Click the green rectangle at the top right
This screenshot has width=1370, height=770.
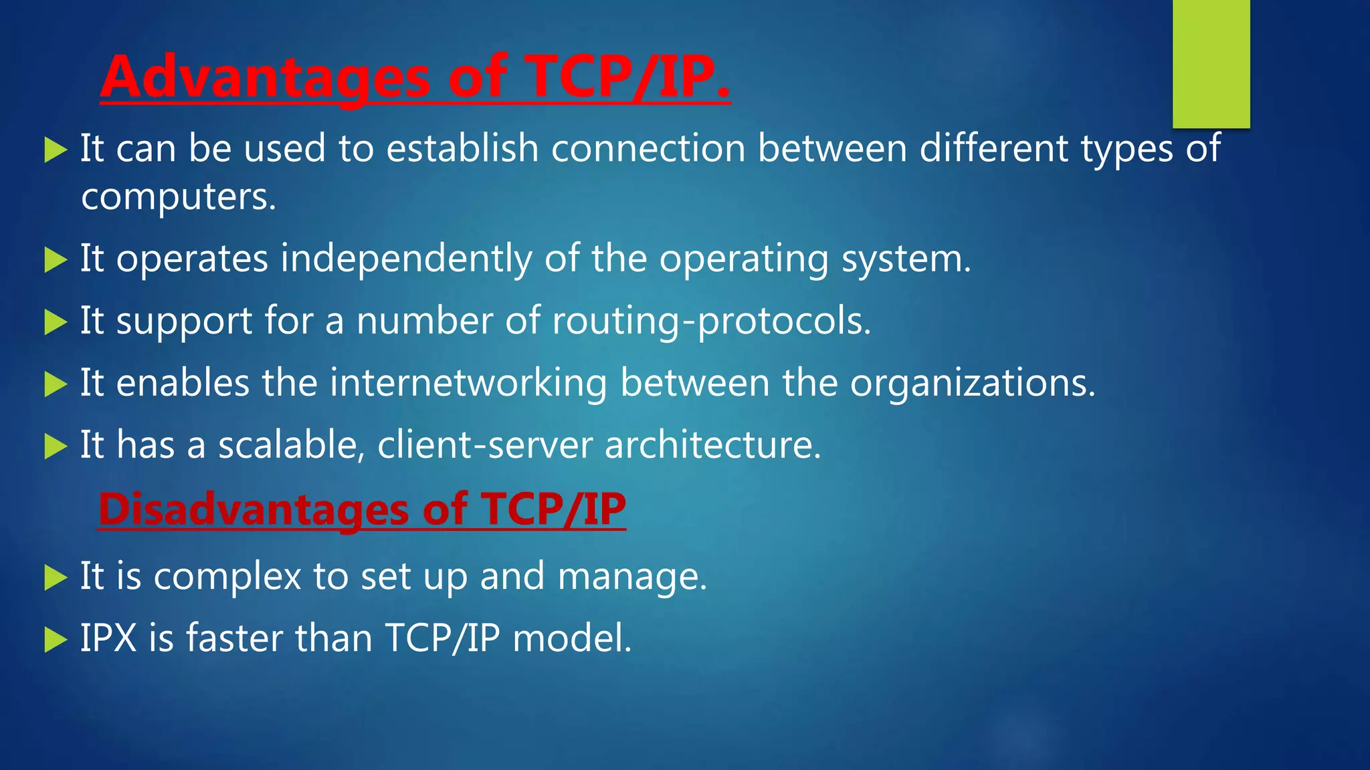point(1211,63)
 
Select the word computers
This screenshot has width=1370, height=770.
point(178,197)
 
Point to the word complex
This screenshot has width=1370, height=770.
point(227,576)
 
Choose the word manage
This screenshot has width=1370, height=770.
point(631,576)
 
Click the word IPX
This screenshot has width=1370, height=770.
point(108,638)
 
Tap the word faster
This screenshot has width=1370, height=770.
point(234,638)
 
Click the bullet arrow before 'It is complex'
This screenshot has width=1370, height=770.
point(56,577)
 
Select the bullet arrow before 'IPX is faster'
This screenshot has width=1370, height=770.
point(56,640)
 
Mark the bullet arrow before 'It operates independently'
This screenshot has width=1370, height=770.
point(56,260)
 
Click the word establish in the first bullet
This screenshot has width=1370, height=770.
point(462,148)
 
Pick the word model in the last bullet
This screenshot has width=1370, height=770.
point(571,638)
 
